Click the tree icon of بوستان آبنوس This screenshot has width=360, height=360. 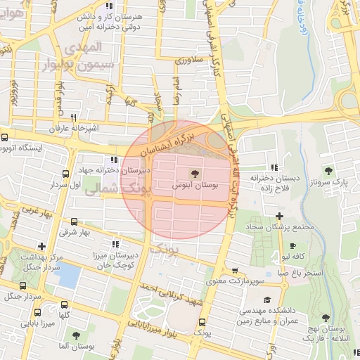(x=195, y=172)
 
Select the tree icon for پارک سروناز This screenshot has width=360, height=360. (x=328, y=171)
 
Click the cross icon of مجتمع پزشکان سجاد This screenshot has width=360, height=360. (x=279, y=216)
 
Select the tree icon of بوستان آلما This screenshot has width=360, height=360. (x=75, y=334)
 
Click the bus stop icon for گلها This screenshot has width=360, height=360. (x=65, y=304)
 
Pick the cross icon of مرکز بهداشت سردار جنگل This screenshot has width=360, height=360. (x=42, y=247)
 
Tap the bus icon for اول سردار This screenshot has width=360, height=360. (x=65, y=174)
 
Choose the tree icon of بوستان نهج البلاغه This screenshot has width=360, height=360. (x=326, y=318)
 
